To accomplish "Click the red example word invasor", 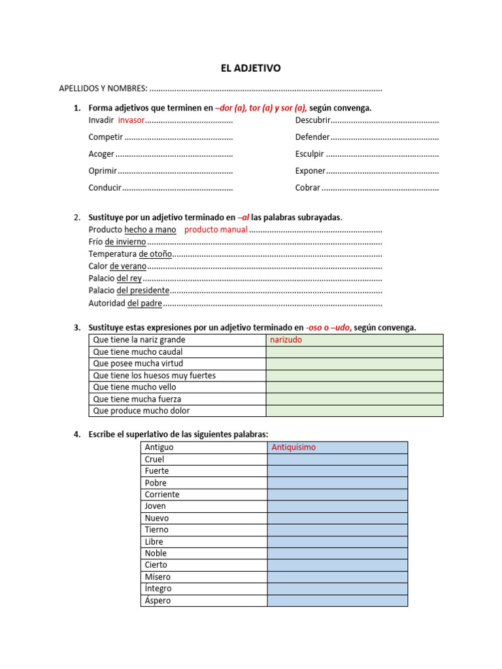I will coord(131,120).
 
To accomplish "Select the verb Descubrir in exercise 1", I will coord(312,120).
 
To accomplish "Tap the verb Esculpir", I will coord(309,154).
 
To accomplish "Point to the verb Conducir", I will coord(105,188).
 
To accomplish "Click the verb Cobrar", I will coord(307,188).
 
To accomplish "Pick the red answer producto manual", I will coord(216,229).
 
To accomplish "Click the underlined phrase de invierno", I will coord(125,242).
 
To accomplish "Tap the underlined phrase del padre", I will coord(144,303).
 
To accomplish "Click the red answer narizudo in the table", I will coord(286,340).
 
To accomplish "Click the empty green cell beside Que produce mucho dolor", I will coord(354,411).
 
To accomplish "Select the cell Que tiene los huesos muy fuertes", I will coord(154,376).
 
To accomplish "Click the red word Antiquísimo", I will coord(293,448).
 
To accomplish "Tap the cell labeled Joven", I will coord(156,506).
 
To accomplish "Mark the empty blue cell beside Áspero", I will coord(337,600).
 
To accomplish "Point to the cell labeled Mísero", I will coord(158,577).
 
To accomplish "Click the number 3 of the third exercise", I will coord(76,328).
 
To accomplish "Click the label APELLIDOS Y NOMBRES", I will coord(103,88).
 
